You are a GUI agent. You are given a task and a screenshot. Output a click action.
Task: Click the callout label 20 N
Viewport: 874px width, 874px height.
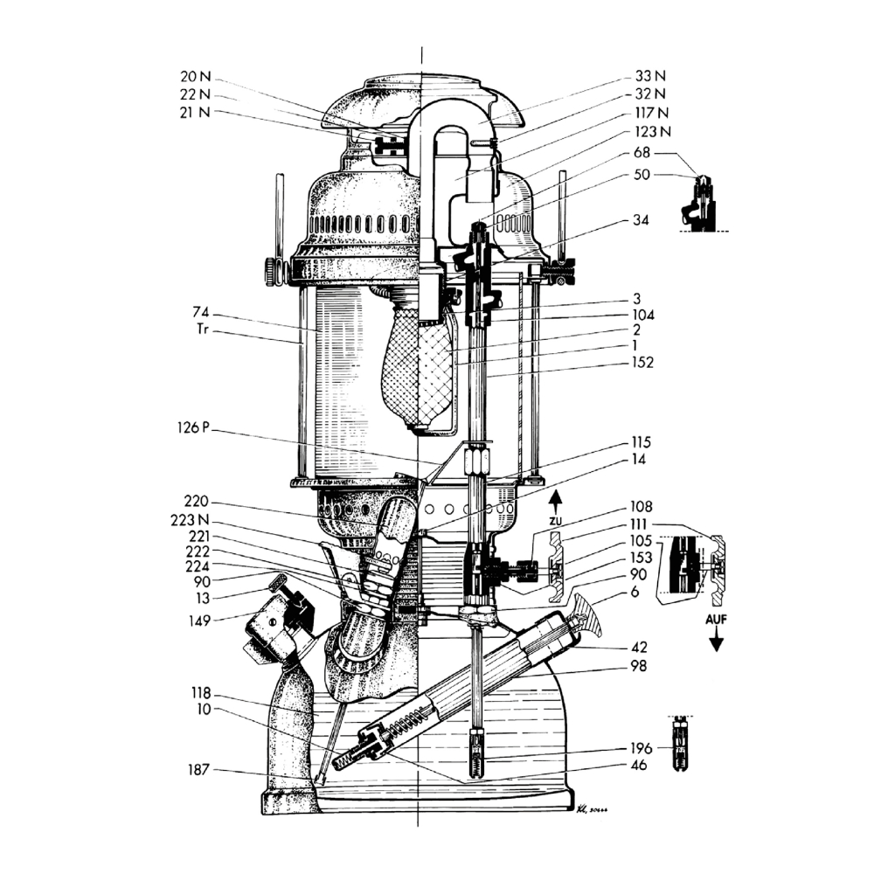pos(193,77)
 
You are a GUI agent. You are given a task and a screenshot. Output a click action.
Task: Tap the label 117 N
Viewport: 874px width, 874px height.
pos(652,113)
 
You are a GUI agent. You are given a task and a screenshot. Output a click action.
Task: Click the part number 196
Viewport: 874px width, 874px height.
pos(643,748)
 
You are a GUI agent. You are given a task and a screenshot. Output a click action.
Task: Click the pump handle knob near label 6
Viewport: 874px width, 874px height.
pos(591,614)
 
